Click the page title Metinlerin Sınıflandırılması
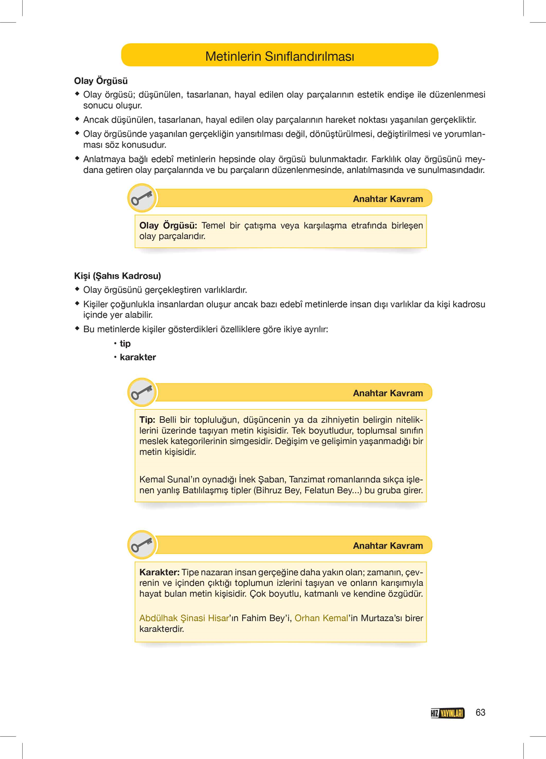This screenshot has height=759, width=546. [x=279, y=56]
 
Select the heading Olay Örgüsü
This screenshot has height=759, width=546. [x=101, y=81]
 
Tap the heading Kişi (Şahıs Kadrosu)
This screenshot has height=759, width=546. [x=117, y=275]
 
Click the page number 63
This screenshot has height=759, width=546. [x=480, y=713]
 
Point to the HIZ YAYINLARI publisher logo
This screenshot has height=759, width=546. [x=447, y=713]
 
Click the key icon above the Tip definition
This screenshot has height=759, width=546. [x=142, y=392]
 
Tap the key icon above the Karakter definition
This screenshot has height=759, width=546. [x=142, y=545]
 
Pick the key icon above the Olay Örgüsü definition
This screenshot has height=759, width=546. [x=142, y=198]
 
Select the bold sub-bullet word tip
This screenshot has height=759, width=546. [x=125, y=343]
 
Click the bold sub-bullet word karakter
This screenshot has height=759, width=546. [x=138, y=357]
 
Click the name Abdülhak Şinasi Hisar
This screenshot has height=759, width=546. [x=184, y=618]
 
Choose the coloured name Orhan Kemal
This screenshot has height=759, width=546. [x=321, y=618]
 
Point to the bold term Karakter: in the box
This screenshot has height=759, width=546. [x=159, y=572]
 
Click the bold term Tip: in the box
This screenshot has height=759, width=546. [x=147, y=419]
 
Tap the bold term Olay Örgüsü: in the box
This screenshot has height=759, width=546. [x=168, y=225]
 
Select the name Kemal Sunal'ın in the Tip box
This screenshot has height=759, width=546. [x=166, y=479]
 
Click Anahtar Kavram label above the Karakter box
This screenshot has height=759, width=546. [x=388, y=545]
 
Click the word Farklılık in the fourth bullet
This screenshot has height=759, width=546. [x=386, y=159]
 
